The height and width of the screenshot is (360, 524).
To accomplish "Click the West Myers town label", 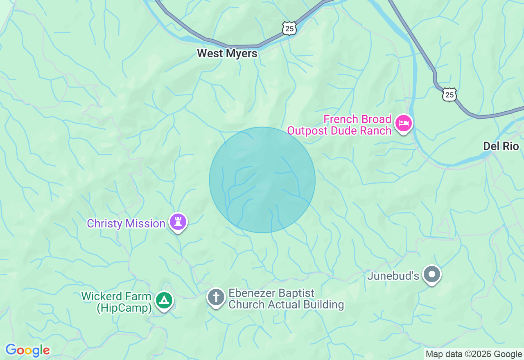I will (x=227, y=54).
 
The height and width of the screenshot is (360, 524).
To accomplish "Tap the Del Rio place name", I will (x=501, y=146).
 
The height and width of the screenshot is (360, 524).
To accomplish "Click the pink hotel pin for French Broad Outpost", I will (x=404, y=123).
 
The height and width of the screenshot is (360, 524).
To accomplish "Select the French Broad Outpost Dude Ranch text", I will (x=339, y=125).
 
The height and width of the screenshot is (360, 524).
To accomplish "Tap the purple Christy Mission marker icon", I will (x=178, y=222).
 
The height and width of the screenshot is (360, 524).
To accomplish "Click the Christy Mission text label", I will (x=126, y=224).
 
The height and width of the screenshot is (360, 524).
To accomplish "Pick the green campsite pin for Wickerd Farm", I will (x=164, y=301).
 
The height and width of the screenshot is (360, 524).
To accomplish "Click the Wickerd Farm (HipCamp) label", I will (x=116, y=302).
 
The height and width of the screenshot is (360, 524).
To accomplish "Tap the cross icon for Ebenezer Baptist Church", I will (x=216, y=297).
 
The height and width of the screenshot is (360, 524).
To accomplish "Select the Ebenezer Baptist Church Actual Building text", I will (x=286, y=299).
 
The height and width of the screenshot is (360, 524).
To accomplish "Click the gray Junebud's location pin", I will (x=431, y=274).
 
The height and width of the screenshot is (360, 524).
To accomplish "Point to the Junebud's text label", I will (x=393, y=276).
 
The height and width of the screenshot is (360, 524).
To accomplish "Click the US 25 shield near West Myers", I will (x=289, y=29).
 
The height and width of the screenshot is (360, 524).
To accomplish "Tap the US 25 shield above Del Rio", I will (x=449, y=95).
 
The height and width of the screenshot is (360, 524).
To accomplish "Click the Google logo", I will (x=27, y=350).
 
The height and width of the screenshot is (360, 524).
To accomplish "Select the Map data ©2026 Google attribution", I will (x=474, y=354).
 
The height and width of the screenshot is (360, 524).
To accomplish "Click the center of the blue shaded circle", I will (x=262, y=180).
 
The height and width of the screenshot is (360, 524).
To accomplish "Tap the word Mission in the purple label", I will (x=145, y=224).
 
